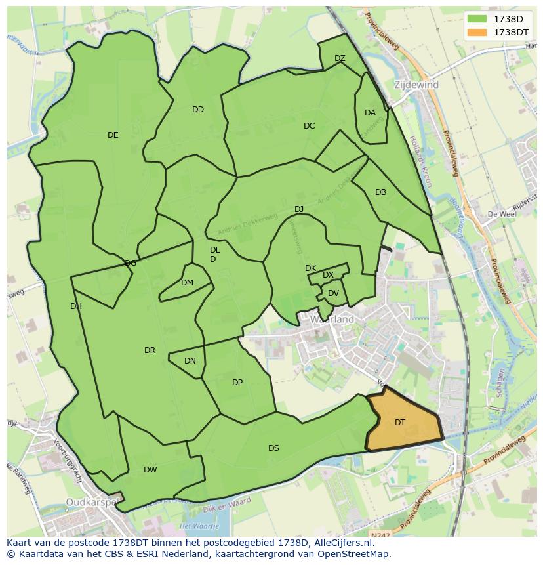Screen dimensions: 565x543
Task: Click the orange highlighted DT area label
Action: [x=400, y=423]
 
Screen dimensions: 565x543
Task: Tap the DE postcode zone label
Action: [x=113, y=135]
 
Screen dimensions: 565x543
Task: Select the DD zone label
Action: [x=198, y=110]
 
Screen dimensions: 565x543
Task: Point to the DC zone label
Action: [x=310, y=126]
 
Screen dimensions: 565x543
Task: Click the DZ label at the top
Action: [x=340, y=58]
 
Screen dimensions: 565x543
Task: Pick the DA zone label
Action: [x=370, y=113]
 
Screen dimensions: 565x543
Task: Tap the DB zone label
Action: [x=380, y=192]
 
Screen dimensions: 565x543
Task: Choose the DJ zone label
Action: [x=299, y=209]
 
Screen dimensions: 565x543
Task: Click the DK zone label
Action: [x=310, y=268]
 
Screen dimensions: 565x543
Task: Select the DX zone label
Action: [x=328, y=275]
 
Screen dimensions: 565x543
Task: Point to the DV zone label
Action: [x=333, y=293]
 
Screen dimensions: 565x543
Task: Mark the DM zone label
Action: [x=187, y=283]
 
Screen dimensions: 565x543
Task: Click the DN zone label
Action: [x=190, y=361]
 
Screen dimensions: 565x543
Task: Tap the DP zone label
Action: [x=237, y=383]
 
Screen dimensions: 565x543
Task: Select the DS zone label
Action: [x=273, y=448]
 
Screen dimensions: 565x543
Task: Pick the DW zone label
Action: [x=150, y=470]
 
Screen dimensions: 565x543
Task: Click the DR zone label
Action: [x=150, y=350]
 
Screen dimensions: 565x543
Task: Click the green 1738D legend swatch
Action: [x=477, y=18]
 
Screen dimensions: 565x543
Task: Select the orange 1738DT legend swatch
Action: [x=477, y=32]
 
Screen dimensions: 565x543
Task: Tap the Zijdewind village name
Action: [x=416, y=85]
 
